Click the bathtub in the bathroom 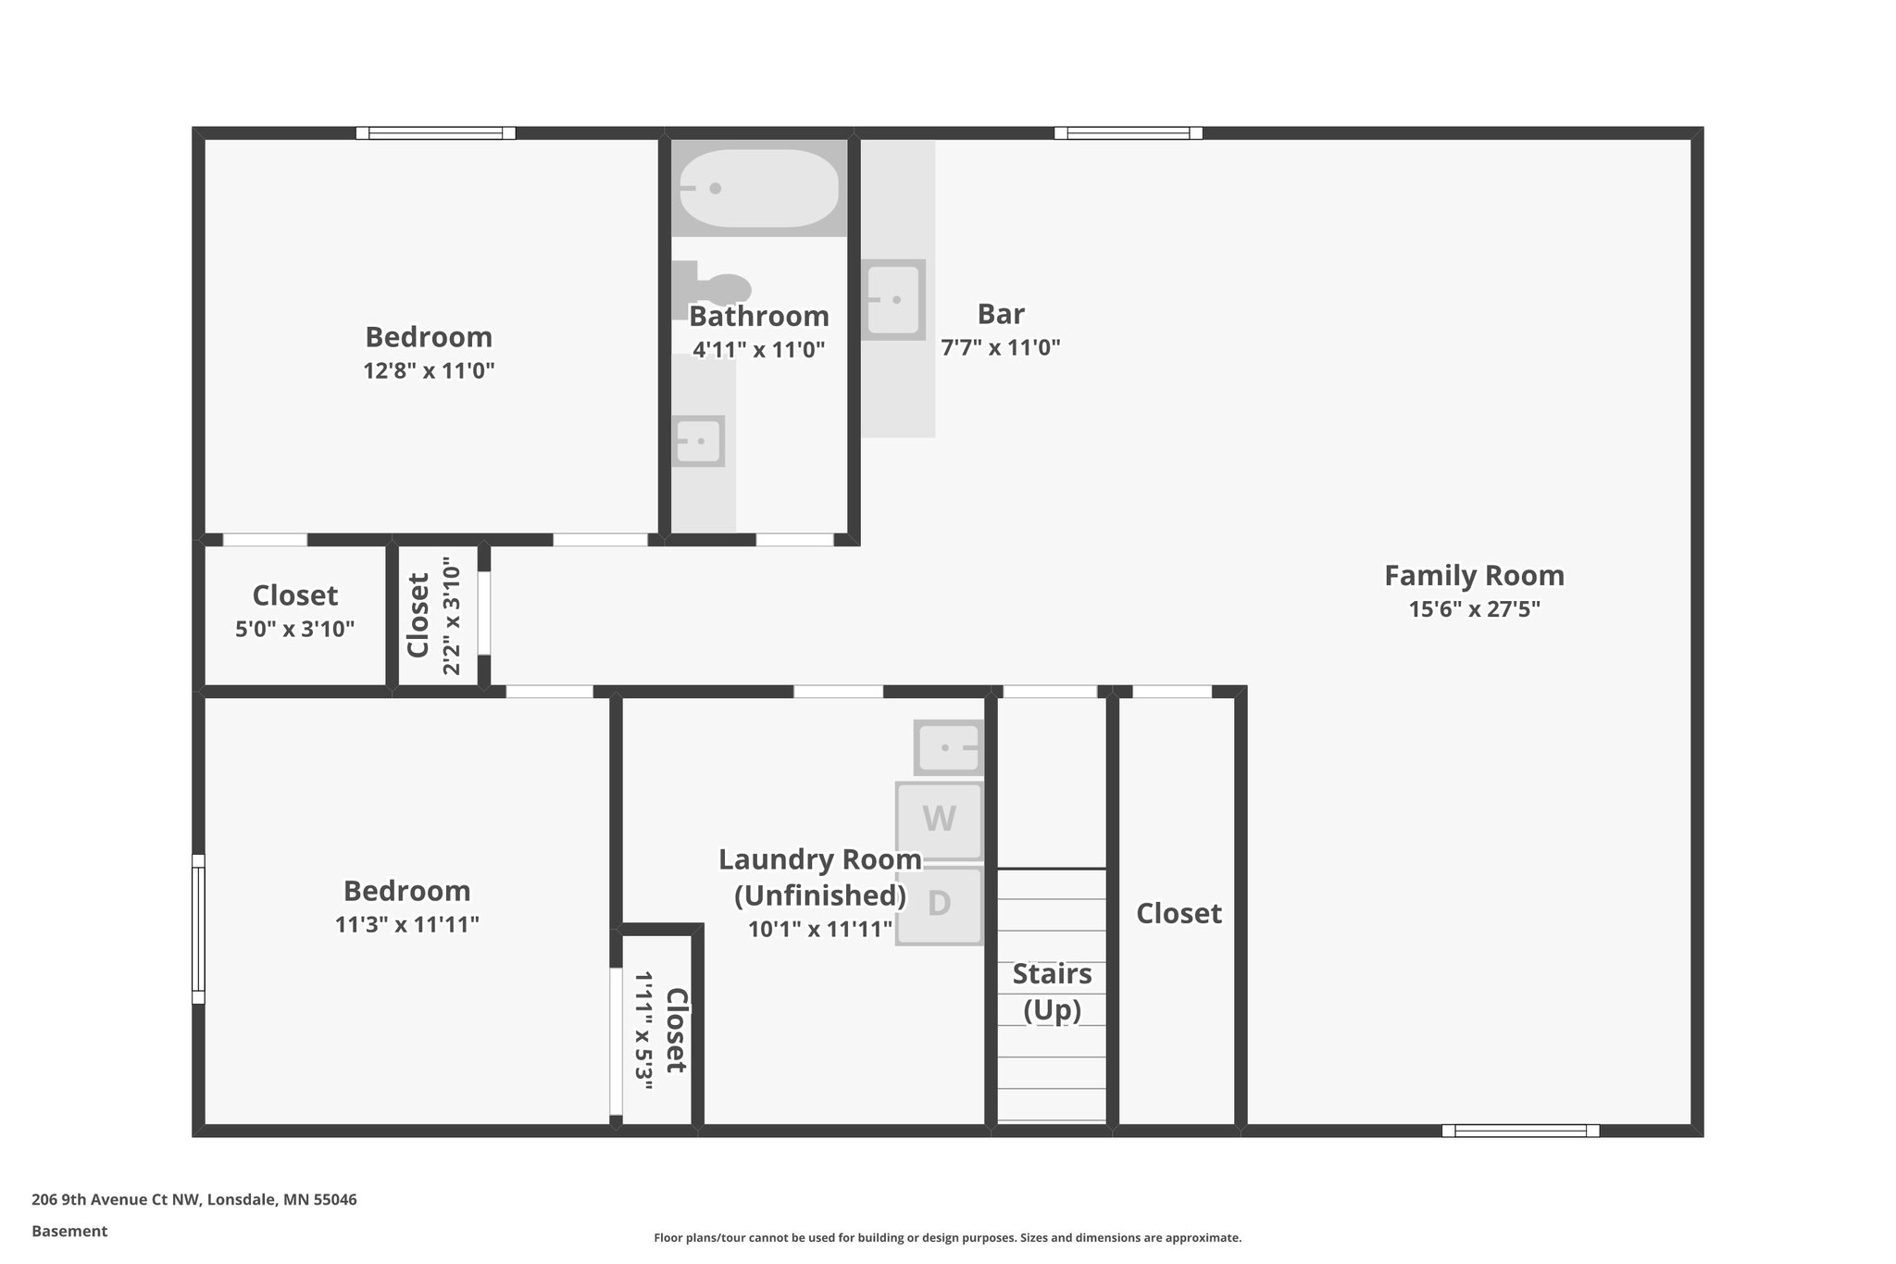[x=758, y=188]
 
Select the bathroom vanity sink [x=698, y=441]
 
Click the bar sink [x=893, y=299]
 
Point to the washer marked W [x=939, y=820]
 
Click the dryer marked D [x=939, y=904]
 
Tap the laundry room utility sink [x=949, y=746]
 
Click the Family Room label [x=1474, y=575]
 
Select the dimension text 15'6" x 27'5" [x=1474, y=609]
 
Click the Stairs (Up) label [x=1052, y=992]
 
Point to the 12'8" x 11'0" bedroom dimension [x=429, y=371]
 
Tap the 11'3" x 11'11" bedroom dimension [x=406, y=924]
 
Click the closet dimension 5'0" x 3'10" [x=294, y=630]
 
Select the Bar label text [x=1000, y=314]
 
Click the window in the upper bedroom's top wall [x=435, y=133]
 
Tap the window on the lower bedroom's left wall [x=198, y=928]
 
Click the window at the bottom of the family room [x=1520, y=1131]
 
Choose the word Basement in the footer [x=69, y=1232]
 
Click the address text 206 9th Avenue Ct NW [x=116, y=1200]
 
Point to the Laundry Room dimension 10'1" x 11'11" [x=819, y=929]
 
